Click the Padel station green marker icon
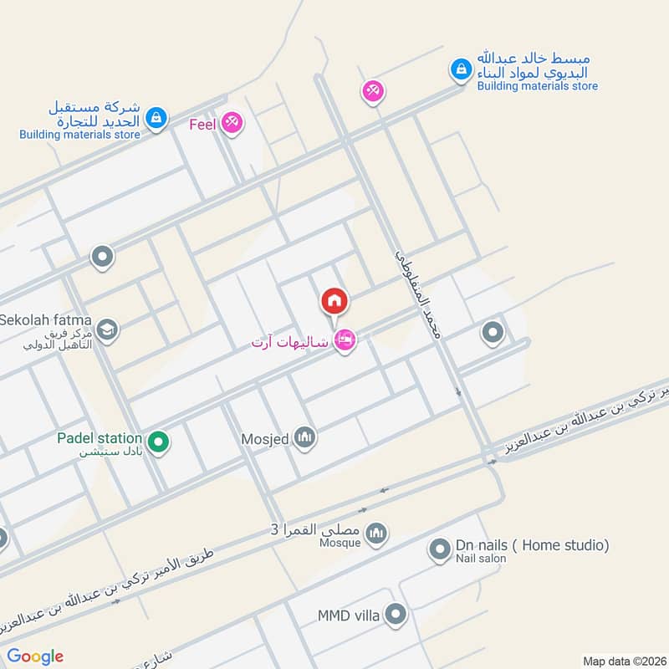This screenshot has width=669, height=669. tap(157, 440)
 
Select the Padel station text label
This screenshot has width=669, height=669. tap(99, 437)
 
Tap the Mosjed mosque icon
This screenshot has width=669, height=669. tap(305, 437)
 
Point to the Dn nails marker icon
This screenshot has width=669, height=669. tap(439, 549)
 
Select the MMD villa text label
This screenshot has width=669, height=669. tap(349, 616)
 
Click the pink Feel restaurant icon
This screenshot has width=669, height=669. tap(232, 124)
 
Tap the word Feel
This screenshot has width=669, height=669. tap(203, 124)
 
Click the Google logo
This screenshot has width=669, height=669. tap(35, 656)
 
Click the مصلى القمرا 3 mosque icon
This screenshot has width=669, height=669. tap(377, 533)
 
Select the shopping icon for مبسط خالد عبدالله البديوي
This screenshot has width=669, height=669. tap(460, 70)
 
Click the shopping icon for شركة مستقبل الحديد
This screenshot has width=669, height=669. tap(156, 119)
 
